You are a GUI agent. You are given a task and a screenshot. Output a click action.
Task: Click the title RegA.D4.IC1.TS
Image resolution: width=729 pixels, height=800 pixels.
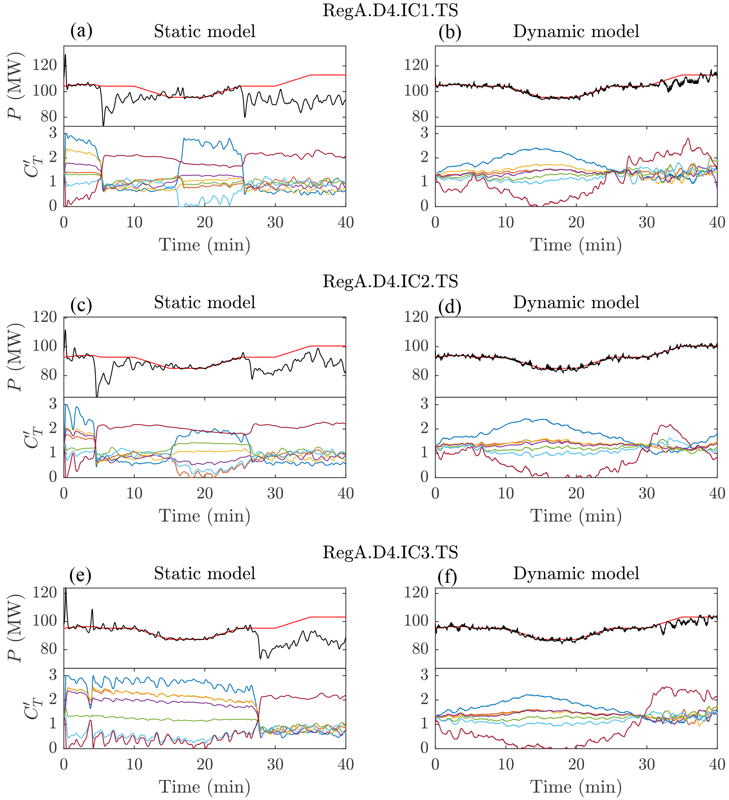390,10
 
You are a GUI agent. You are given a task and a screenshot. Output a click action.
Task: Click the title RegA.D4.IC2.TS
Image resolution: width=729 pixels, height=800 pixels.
390,281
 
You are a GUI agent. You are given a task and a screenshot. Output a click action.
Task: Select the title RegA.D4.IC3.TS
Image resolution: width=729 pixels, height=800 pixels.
390,552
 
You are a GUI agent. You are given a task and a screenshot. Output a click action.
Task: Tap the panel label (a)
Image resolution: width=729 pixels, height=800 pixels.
81,31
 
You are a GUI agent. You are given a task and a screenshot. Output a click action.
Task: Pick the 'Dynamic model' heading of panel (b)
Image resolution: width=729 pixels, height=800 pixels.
576,31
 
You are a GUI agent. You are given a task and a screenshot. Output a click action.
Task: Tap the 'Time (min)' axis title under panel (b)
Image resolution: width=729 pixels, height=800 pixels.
576,245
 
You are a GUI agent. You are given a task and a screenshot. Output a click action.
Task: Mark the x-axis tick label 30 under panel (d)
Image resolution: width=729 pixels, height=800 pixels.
646,494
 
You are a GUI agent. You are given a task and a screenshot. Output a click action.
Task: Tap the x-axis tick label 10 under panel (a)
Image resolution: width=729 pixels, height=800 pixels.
134,222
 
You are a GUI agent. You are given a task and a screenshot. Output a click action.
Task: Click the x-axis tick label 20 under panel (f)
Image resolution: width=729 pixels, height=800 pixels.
576,765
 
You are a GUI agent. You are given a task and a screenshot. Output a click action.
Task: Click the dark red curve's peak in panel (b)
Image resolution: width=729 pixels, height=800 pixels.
688,139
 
